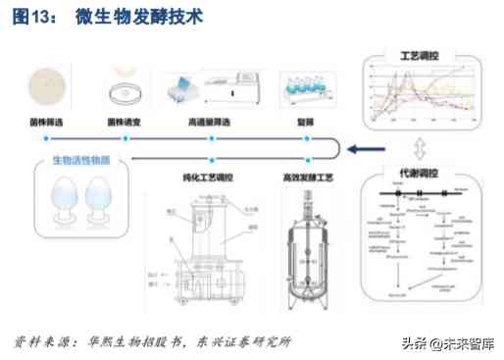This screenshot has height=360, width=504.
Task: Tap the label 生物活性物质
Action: [x=74, y=160]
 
